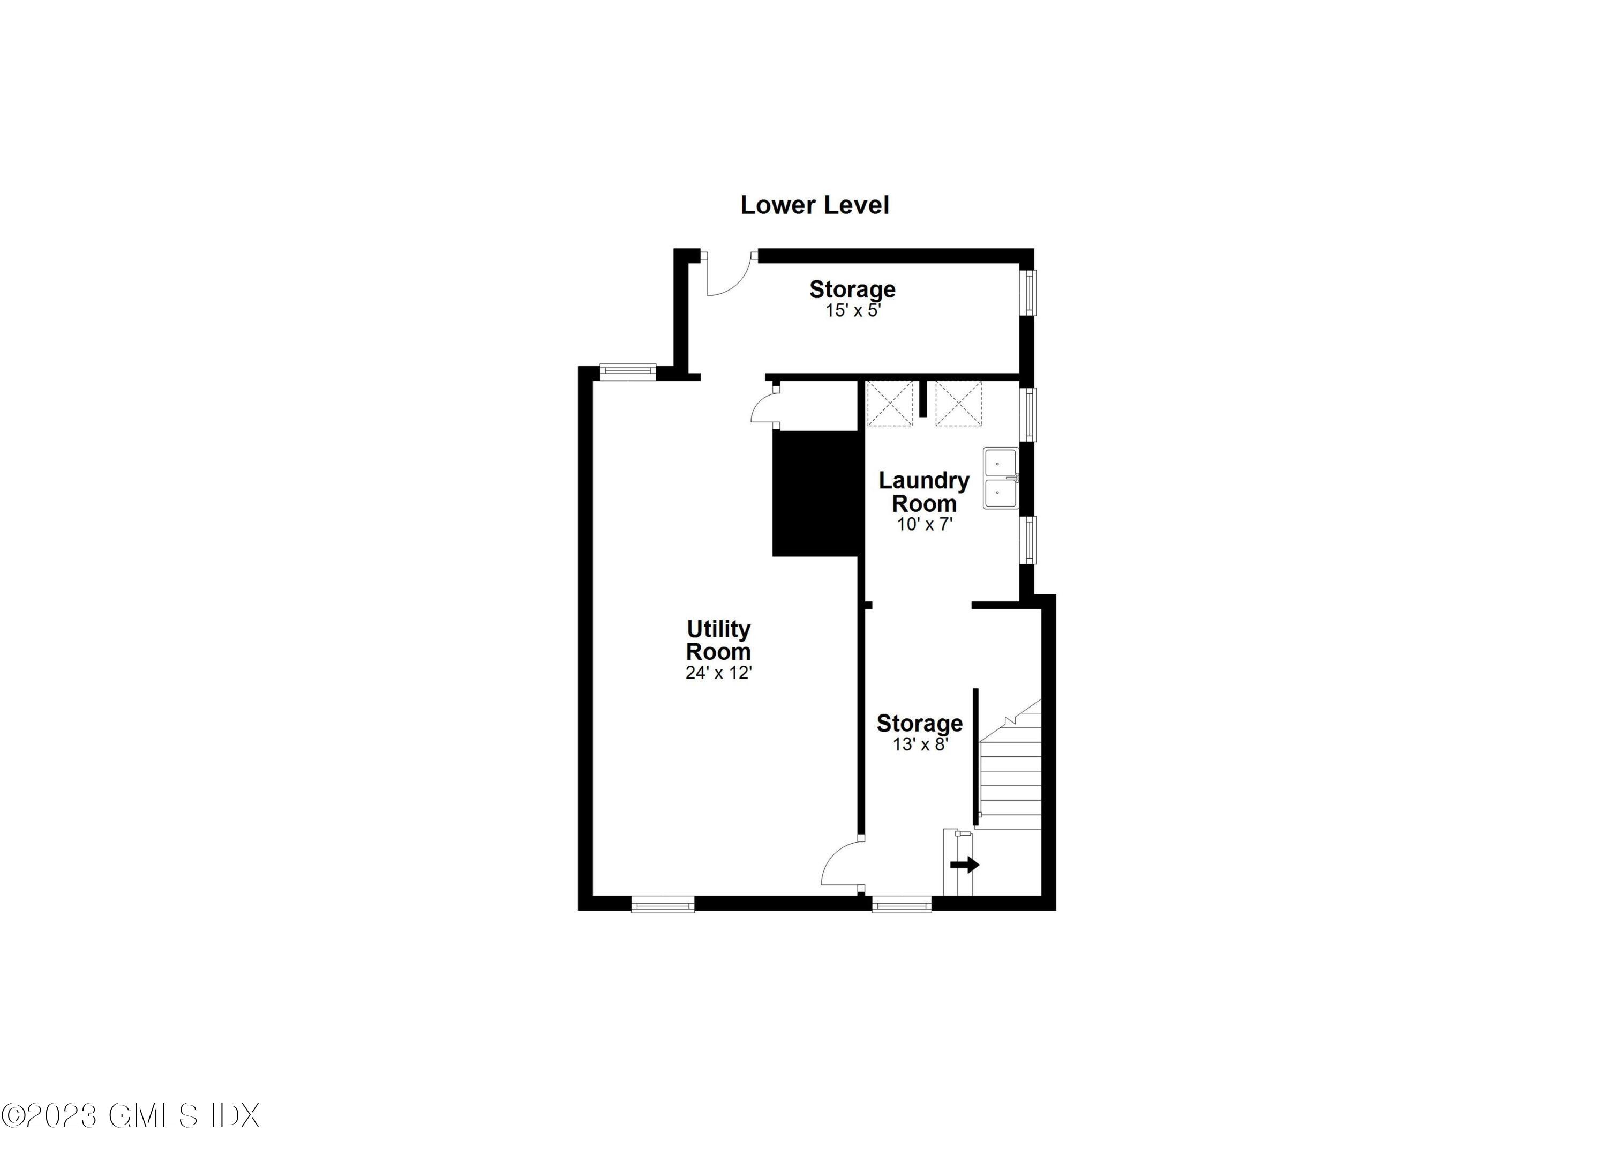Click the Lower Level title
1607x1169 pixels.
pos(814,206)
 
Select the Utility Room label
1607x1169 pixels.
pos(718,640)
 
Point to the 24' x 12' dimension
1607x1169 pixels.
pos(718,673)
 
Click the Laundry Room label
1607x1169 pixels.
pos(924,492)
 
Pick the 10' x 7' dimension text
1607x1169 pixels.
pos(925,525)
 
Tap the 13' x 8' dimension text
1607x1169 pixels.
pos(920,744)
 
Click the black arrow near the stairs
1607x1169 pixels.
pos(964,865)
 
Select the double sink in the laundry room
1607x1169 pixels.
pos(1001,478)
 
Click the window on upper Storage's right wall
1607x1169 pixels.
pos(1029,292)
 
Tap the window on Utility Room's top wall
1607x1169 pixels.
pos(628,371)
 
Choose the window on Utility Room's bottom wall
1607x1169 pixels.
pos(663,905)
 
